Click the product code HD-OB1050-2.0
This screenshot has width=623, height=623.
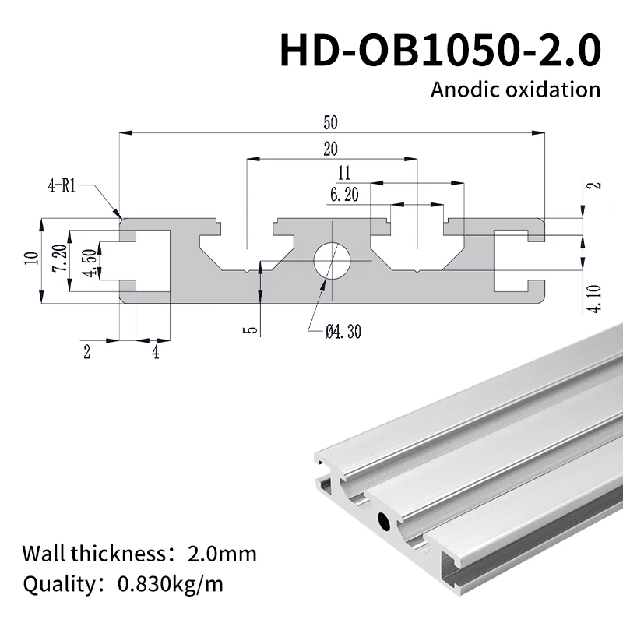click(440, 51)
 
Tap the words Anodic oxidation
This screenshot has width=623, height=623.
click(516, 89)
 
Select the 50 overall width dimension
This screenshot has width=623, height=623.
click(332, 123)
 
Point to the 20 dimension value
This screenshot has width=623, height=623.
click(332, 148)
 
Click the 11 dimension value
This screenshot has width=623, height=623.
click(346, 173)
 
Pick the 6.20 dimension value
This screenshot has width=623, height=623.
click(344, 195)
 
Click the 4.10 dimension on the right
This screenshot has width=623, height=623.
click(596, 298)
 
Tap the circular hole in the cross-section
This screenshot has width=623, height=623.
click(333, 260)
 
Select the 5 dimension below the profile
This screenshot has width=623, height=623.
click(248, 330)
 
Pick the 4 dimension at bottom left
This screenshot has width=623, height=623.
click(155, 352)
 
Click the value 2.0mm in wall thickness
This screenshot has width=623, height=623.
click(222, 554)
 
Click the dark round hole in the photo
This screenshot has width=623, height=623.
click(382, 520)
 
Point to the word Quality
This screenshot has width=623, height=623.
click(57, 583)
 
